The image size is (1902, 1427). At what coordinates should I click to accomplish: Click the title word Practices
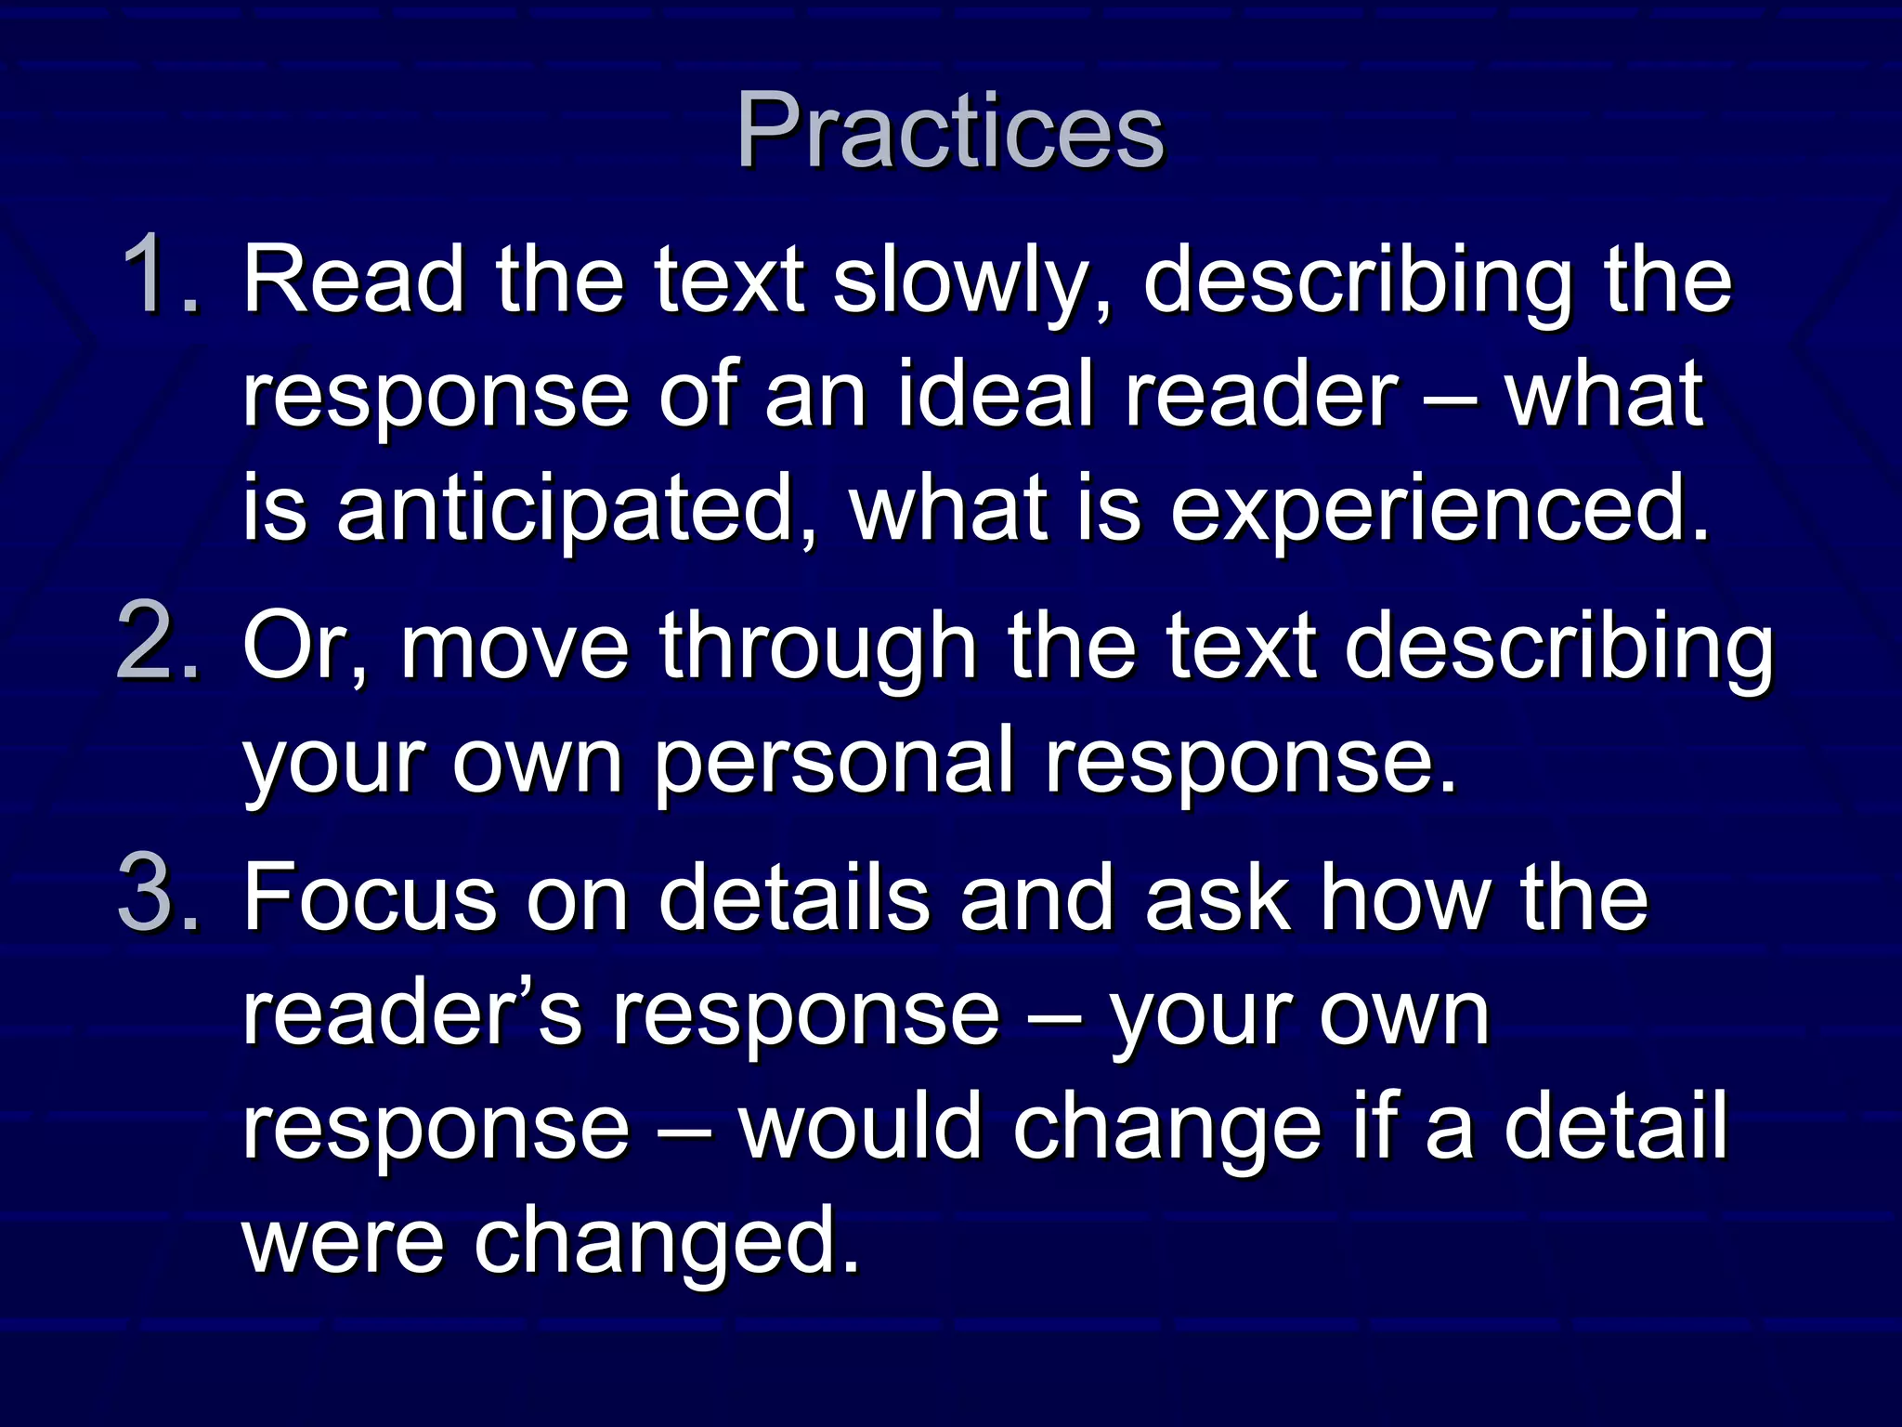click(949, 132)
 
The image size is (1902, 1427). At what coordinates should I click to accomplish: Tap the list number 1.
click(160, 276)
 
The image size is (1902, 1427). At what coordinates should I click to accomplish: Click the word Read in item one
click(354, 279)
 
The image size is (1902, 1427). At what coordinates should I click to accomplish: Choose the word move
click(515, 646)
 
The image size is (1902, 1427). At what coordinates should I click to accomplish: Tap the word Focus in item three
click(370, 897)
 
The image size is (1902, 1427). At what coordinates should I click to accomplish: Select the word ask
click(1218, 897)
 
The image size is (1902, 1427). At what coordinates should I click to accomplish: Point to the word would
click(860, 1125)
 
